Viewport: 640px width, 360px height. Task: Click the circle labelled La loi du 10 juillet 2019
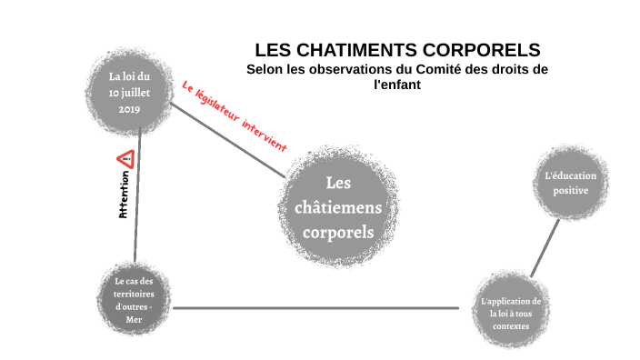pos(135,92)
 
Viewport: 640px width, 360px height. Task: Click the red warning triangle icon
pos(125,159)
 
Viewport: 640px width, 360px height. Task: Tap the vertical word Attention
pos(124,194)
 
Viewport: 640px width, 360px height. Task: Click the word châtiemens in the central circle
pos(337,207)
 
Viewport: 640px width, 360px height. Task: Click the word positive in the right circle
pos(567,191)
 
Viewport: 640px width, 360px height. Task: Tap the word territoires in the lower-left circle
pos(135,294)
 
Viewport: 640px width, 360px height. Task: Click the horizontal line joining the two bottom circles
pos(318,307)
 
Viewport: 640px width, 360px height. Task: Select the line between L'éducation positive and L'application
pos(545,246)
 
